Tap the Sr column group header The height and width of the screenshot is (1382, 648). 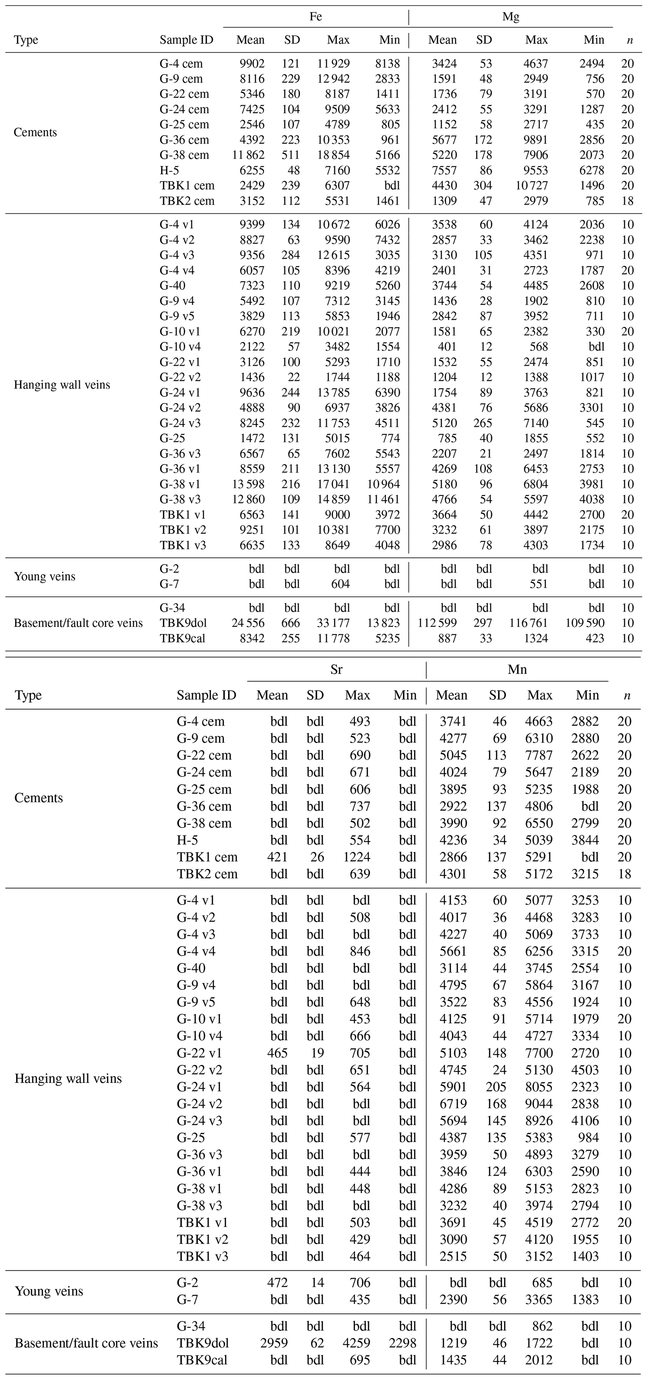[x=336, y=670]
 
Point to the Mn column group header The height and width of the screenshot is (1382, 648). [x=517, y=670]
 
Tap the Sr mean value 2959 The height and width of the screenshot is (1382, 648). [x=274, y=1343]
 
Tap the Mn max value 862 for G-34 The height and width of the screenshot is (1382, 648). [x=542, y=1326]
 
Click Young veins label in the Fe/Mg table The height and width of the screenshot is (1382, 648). [x=45, y=577]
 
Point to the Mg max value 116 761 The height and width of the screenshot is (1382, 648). [x=528, y=623]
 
